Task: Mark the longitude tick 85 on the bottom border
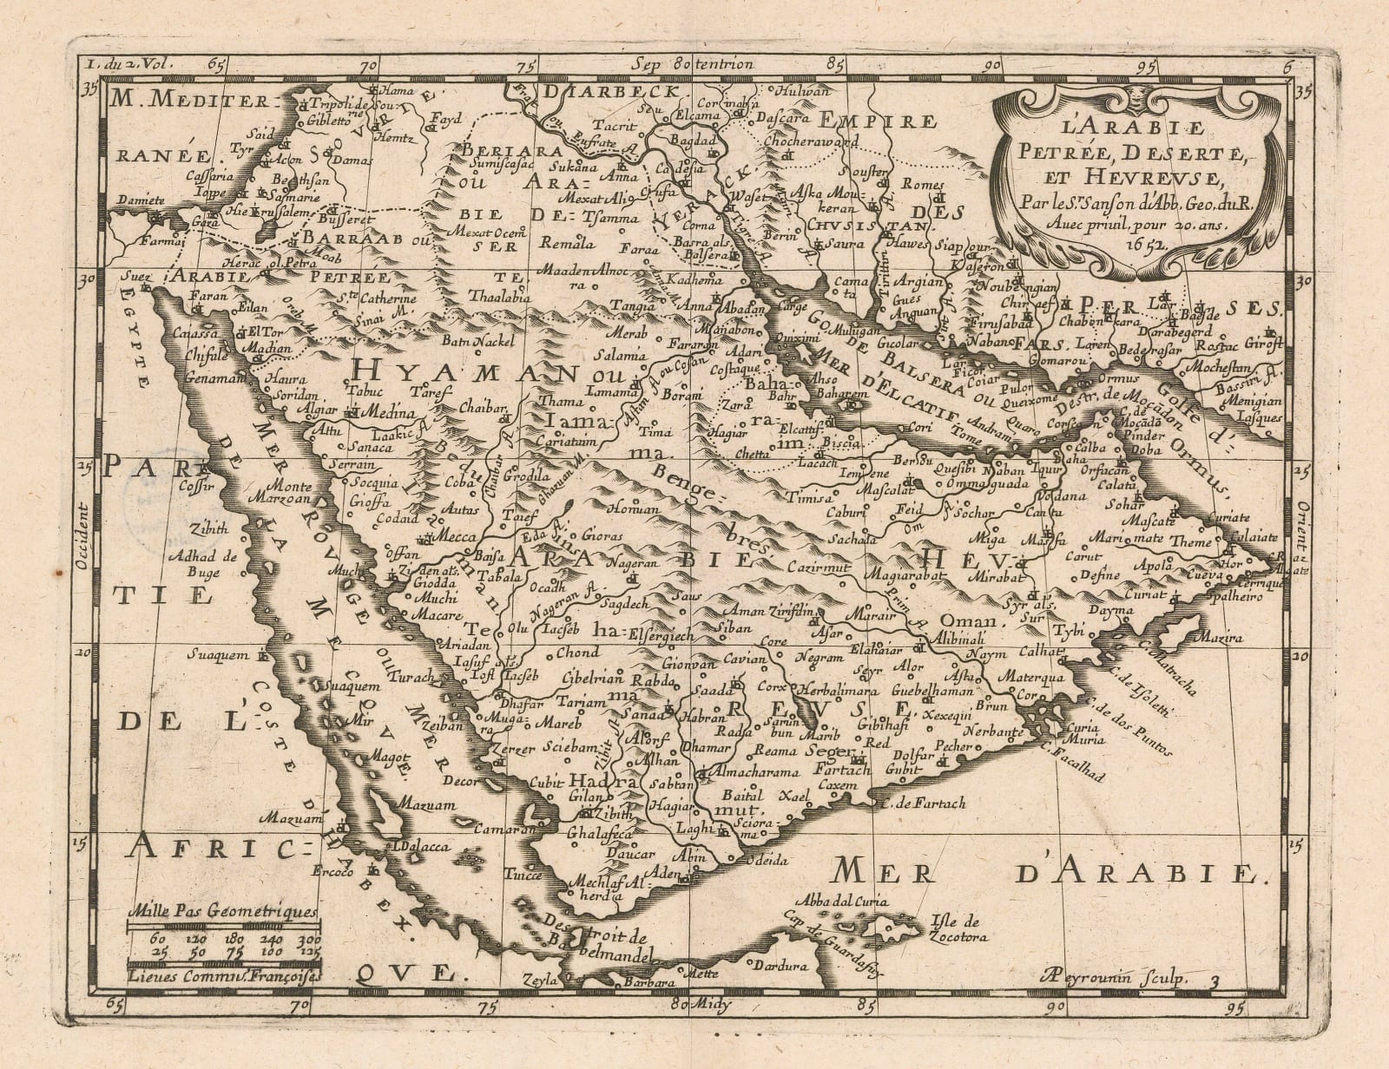tap(863, 1005)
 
